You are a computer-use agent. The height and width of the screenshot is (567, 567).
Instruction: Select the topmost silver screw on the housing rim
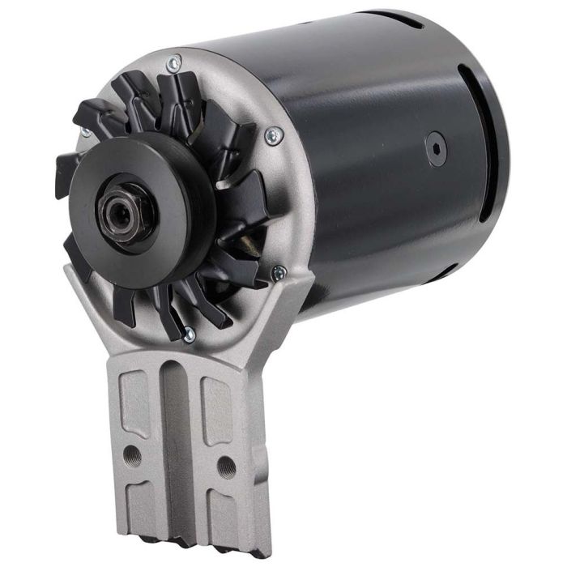click(173, 62)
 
